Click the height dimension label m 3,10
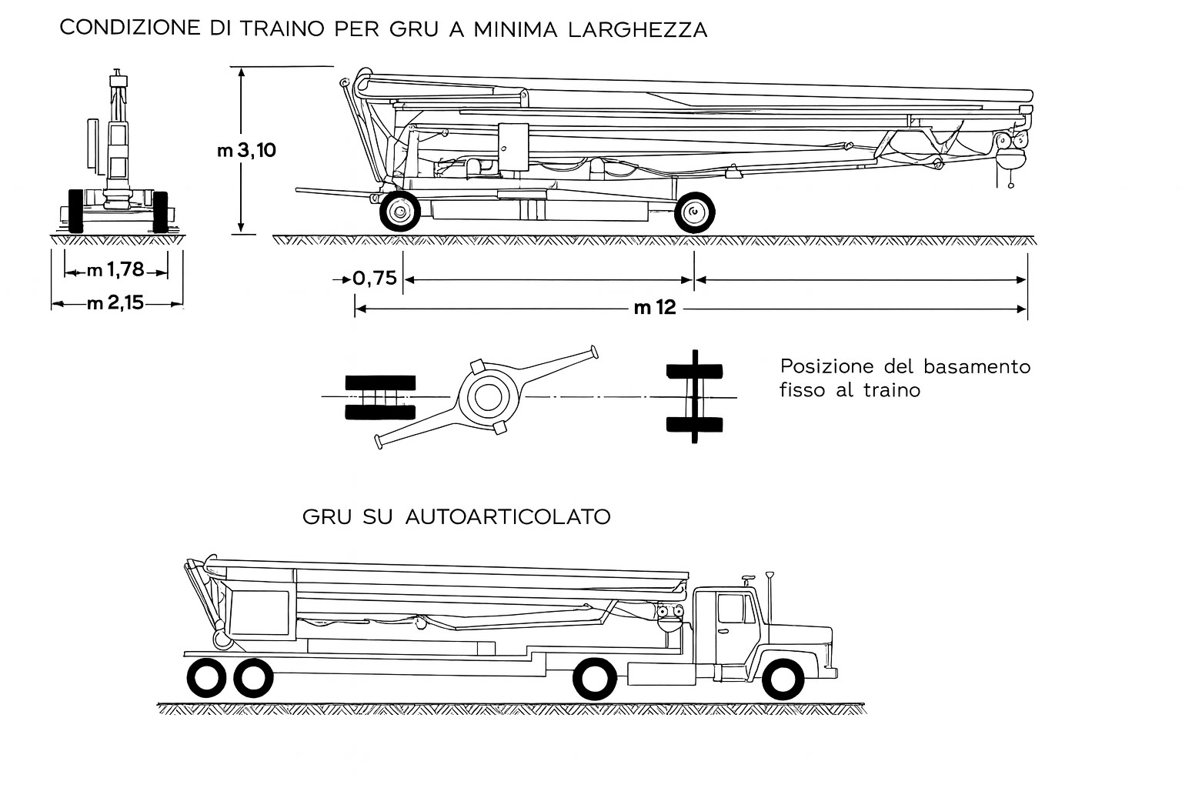click(x=246, y=150)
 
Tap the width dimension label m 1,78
click(x=115, y=269)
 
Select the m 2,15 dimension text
click(x=115, y=303)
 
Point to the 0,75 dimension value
click(x=375, y=278)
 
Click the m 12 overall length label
click(x=655, y=307)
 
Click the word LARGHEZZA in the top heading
click(x=638, y=29)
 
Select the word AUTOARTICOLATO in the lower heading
click(x=508, y=516)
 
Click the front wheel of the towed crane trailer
click(x=400, y=212)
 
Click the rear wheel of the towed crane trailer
click(x=694, y=212)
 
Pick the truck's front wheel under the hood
click(x=783, y=679)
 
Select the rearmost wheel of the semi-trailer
click(x=206, y=678)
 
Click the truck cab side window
click(x=732, y=609)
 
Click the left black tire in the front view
click(x=76, y=211)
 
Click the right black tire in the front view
click(x=160, y=212)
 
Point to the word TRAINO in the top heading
click(x=282, y=28)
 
